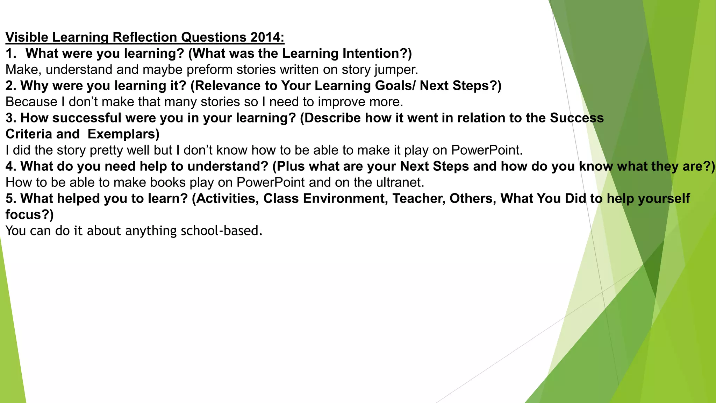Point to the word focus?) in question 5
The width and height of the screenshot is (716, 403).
(x=30, y=214)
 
